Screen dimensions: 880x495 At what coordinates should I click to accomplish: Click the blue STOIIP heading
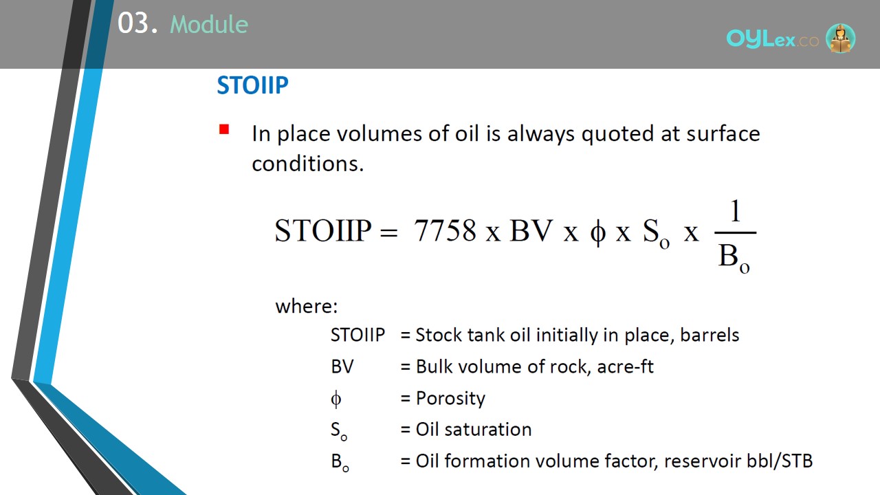252,85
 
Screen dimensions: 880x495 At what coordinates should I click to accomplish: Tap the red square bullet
224,129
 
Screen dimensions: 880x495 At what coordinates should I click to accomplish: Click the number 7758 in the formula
445,230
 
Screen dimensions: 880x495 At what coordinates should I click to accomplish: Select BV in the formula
531,230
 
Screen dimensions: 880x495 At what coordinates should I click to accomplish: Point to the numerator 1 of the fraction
736,211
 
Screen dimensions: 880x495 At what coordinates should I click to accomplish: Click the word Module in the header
209,24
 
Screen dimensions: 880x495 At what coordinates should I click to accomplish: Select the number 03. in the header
138,23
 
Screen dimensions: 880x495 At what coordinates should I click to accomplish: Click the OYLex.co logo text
772,39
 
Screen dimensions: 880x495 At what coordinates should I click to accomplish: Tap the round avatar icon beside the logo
840,38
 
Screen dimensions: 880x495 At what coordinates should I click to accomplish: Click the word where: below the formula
307,306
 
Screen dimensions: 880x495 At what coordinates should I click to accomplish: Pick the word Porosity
450,398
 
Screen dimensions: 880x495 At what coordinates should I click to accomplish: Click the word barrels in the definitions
709,335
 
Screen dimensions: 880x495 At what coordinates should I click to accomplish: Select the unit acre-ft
625,367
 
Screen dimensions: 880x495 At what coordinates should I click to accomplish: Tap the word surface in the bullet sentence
723,133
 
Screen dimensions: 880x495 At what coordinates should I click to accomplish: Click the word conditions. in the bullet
307,164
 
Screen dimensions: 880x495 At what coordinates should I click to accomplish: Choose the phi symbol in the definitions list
336,399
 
